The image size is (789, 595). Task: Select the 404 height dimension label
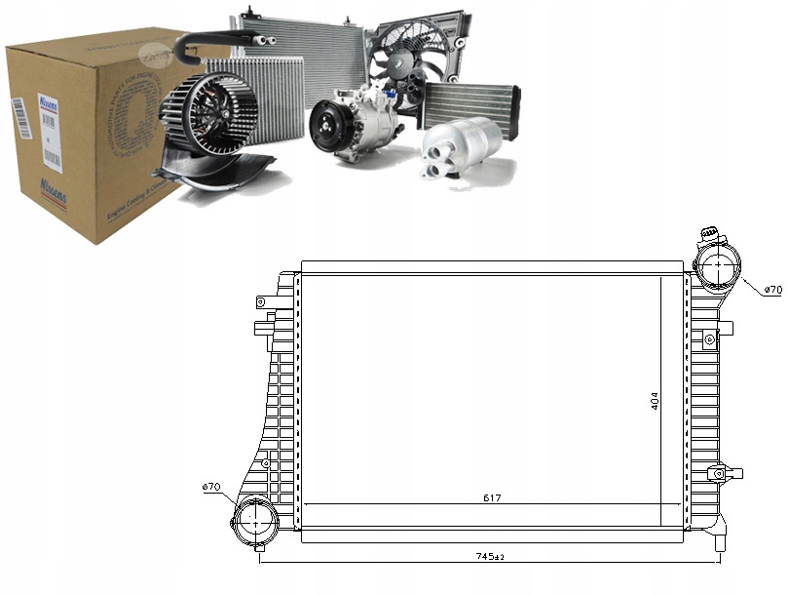tap(656, 400)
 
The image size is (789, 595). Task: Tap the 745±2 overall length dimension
tap(490, 558)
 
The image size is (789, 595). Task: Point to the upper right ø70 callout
tap(772, 290)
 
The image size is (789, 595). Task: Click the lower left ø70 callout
tap(211, 487)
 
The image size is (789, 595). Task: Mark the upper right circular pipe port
tap(718, 265)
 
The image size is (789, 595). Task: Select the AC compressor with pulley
tap(353, 122)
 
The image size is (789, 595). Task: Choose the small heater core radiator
tap(471, 102)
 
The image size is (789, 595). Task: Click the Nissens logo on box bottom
tap(53, 189)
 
